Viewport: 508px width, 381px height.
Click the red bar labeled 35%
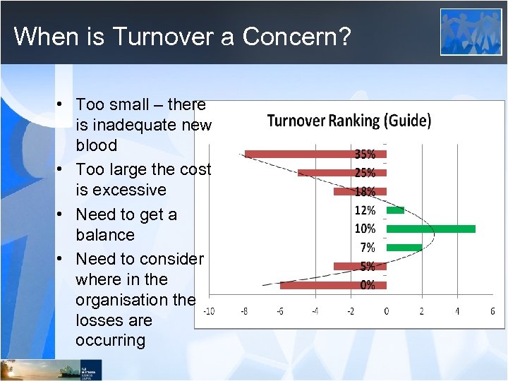[296, 154]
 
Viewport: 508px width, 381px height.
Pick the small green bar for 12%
[395, 210]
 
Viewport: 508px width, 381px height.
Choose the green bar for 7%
[404, 247]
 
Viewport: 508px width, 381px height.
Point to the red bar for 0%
[317, 285]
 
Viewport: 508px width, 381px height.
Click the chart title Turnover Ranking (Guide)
[349, 121]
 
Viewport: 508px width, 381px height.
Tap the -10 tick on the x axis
[209, 311]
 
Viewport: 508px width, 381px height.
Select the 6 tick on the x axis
[492, 311]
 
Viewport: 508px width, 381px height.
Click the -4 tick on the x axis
[315, 311]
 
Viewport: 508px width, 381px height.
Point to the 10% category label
[365, 229]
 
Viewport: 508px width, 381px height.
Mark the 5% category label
[366, 266]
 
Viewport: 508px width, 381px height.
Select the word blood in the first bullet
[97, 145]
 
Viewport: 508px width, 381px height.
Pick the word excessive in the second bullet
[121, 190]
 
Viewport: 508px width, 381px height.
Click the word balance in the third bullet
[104, 234]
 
